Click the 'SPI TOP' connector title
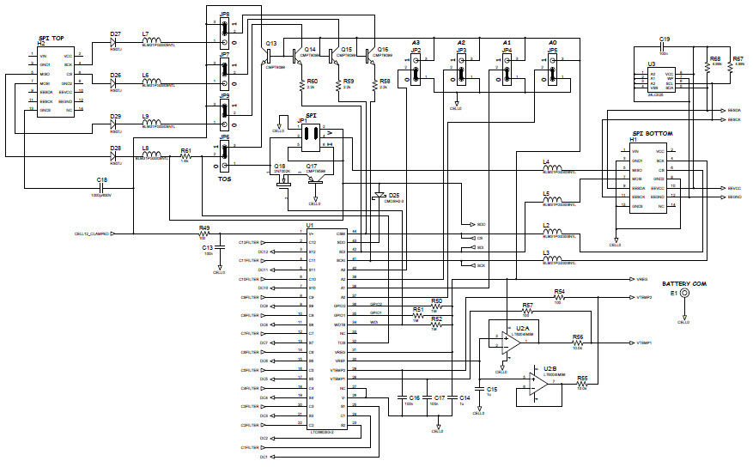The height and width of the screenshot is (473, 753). pyautogui.click(x=51, y=39)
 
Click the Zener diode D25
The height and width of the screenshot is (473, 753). pyautogui.click(x=379, y=196)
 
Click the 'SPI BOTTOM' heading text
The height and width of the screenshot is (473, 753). pyautogui.click(x=652, y=134)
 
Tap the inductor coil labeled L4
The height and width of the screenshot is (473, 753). pyautogui.click(x=554, y=168)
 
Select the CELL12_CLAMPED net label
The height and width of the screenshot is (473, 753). pyautogui.click(x=92, y=233)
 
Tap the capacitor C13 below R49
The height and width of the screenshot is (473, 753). pyautogui.click(x=219, y=248)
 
